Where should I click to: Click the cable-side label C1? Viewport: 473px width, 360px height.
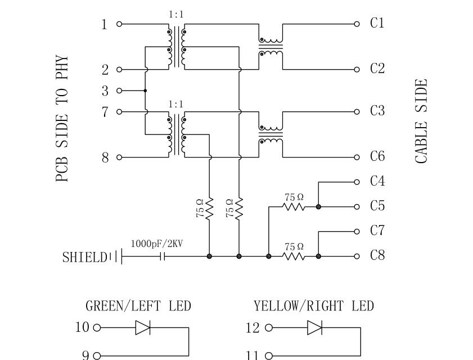[377, 23]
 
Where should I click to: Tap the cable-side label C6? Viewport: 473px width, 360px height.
[377, 156]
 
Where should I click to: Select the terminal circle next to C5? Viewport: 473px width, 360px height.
[357, 206]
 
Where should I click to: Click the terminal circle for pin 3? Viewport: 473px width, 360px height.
[119, 91]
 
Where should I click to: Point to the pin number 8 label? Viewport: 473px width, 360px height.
[105, 157]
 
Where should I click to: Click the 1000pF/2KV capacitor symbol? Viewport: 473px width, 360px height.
[163, 256]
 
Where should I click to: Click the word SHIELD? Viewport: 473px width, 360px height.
[84, 258]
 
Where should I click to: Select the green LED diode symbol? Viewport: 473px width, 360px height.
[142, 327]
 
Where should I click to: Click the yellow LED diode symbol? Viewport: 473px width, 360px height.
[314, 327]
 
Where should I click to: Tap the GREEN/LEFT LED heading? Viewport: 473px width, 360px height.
[138, 307]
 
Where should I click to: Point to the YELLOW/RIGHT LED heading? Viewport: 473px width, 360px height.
[313, 307]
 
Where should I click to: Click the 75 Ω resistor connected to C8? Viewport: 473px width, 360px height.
[294, 256]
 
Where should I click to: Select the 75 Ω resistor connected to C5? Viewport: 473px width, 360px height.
[294, 206]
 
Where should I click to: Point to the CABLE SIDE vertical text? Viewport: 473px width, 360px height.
[421, 121]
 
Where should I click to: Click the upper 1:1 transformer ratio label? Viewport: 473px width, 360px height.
[176, 15]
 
